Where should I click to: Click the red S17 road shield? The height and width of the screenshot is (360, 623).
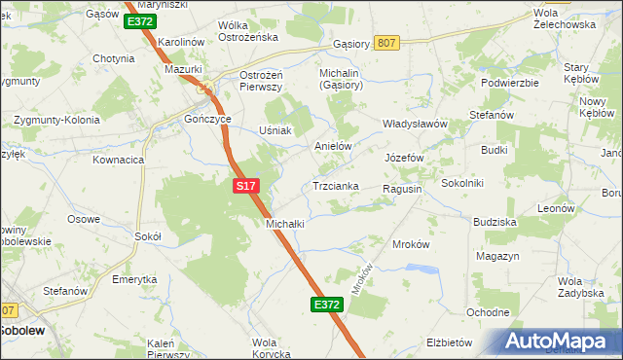[245, 184]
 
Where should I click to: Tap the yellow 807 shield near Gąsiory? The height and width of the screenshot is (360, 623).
[386, 42]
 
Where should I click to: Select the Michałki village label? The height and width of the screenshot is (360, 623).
[286, 223]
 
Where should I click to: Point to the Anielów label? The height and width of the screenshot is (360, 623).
[332, 146]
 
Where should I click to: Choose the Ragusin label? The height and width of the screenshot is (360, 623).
[402, 189]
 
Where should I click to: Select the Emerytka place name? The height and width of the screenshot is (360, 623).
[134, 279]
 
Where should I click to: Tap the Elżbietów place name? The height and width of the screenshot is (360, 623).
[449, 342]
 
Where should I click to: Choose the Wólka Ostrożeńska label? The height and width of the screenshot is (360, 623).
[248, 31]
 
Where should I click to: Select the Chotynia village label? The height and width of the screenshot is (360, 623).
[113, 58]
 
